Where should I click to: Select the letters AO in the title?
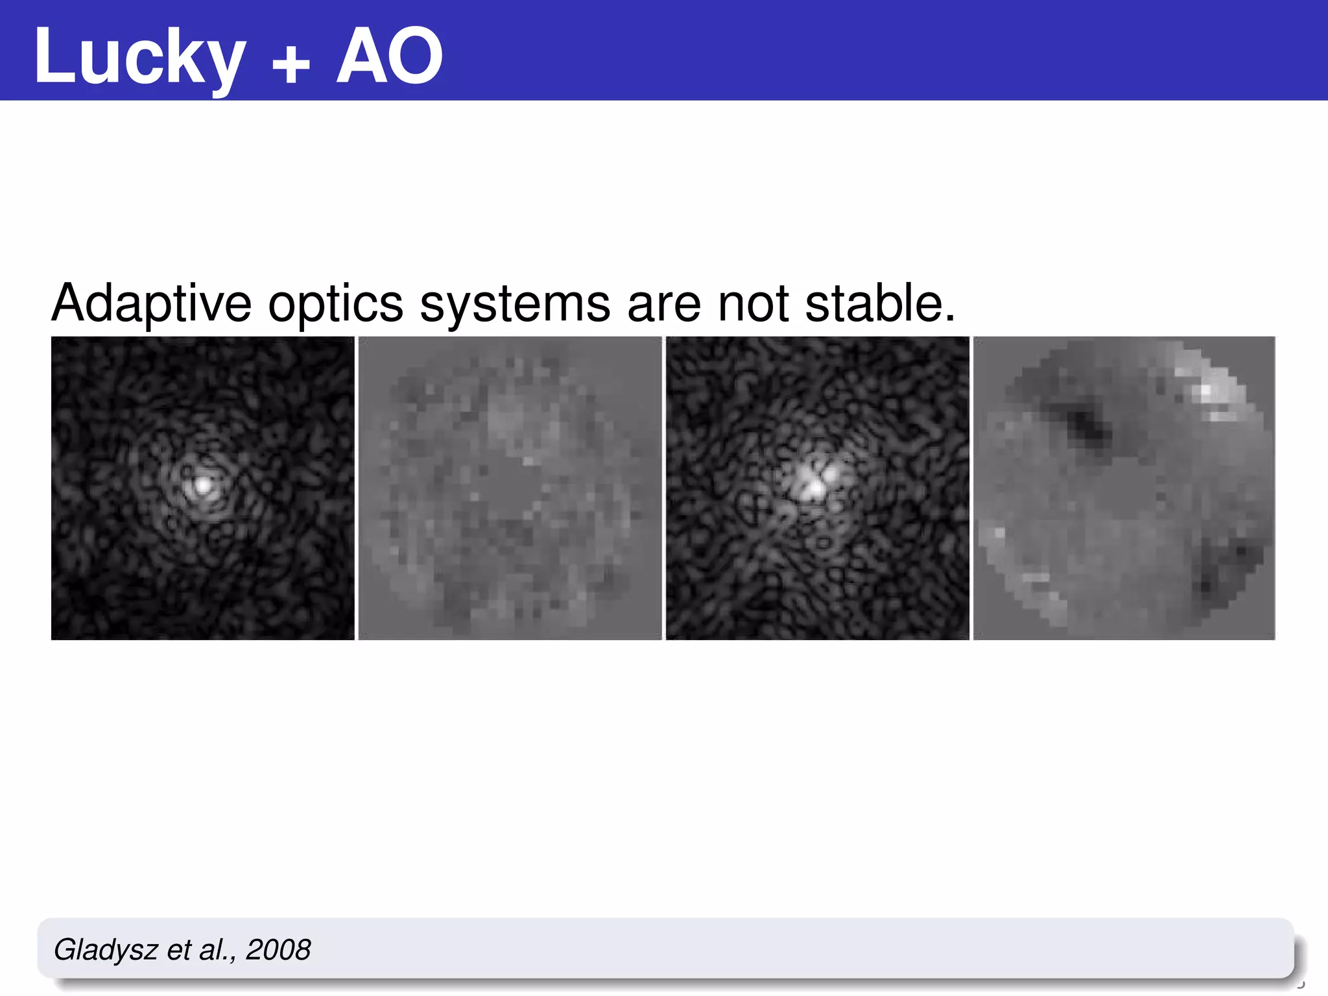pos(389,57)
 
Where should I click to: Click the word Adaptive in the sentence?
pos(151,303)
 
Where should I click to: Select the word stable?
pos(879,303)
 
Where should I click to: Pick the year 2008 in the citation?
pos(278,950)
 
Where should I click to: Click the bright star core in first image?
pos(203,484)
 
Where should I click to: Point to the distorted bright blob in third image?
pos(813,483)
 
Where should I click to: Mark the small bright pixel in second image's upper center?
pos(528,461)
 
